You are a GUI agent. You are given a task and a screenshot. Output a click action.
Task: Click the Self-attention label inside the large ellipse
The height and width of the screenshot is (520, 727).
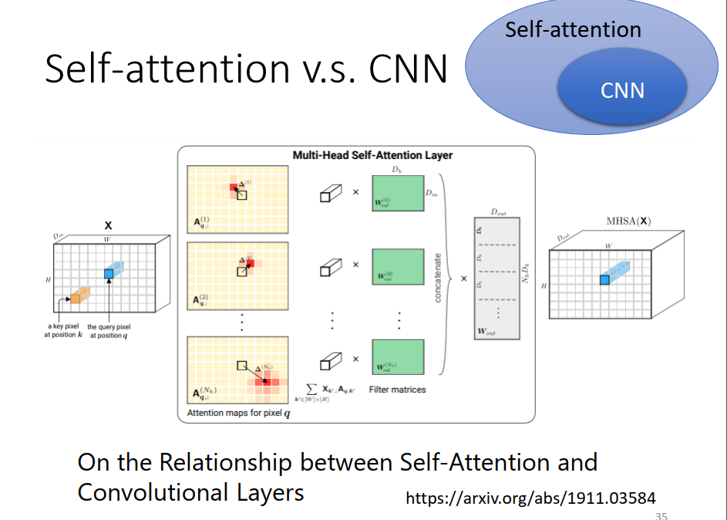click(573, 30)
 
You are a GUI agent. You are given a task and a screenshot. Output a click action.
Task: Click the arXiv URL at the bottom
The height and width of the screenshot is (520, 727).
click(531, 498)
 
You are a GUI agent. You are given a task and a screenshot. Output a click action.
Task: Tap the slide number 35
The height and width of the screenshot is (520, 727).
click(661, 515)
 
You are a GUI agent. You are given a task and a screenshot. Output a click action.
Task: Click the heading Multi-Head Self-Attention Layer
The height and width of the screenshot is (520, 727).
click(372, 155)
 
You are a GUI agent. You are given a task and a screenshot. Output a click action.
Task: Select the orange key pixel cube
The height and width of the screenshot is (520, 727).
click(76, 294)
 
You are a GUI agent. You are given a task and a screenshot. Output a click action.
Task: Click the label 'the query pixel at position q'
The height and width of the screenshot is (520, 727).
click(109, 331)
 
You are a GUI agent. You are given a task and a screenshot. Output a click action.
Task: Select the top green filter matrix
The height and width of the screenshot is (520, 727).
click(397, 192)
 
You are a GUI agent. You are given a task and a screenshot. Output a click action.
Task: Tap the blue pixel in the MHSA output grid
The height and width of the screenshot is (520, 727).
click(604, 279)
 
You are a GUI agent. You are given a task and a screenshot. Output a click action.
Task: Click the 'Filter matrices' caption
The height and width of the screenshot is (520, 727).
click(397, 390)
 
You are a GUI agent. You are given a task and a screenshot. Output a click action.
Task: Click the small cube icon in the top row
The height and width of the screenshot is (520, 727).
click(330, 194)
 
